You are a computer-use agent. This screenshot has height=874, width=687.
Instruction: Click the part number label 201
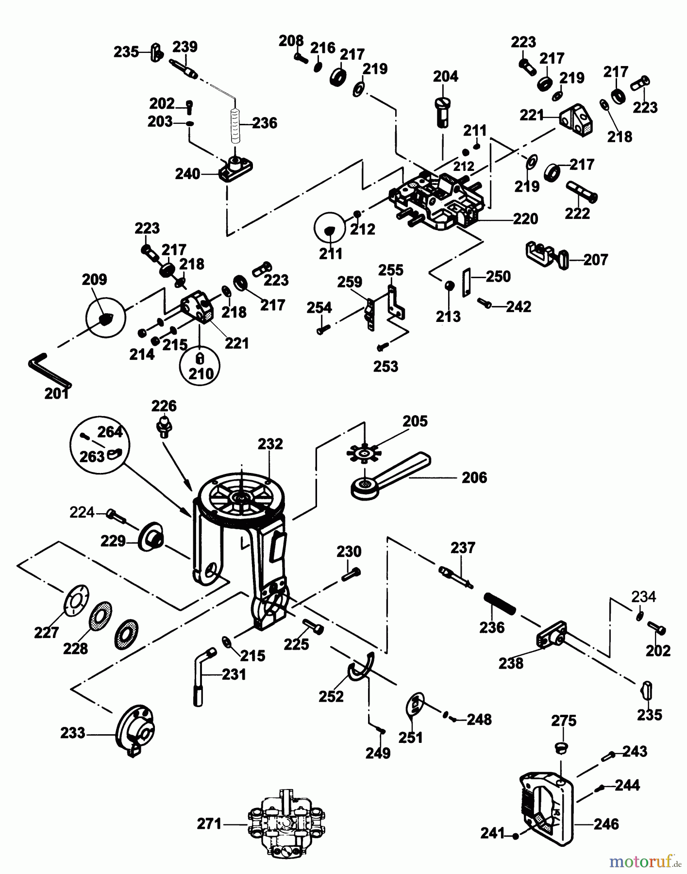pos(56,394)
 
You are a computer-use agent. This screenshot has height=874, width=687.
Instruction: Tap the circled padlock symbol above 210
pos(199,359)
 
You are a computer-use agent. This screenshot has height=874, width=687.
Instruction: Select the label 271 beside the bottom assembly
pos(209,824)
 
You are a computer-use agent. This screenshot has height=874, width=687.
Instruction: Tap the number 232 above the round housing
pos(270,444)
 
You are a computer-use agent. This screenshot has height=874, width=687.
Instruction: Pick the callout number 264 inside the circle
pos(110,432)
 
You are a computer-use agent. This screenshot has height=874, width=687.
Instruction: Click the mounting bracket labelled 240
pos(235,168)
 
